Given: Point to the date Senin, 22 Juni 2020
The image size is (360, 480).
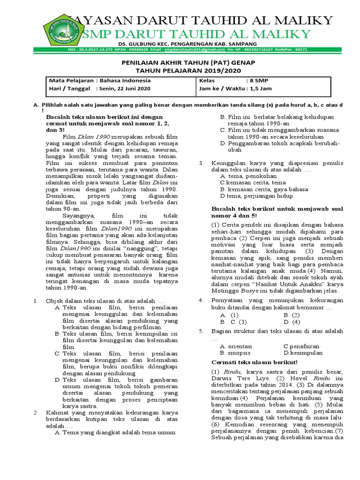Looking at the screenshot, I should (124, 88).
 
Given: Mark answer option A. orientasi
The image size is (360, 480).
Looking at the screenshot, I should (237, 346).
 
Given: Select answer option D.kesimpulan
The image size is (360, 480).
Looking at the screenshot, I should (303, 352).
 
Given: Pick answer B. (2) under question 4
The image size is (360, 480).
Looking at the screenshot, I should (292, 315).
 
